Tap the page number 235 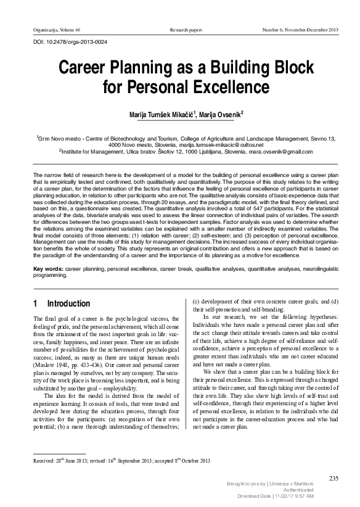(334, 477)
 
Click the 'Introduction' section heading (68, 303)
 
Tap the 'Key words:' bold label (47, 270)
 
